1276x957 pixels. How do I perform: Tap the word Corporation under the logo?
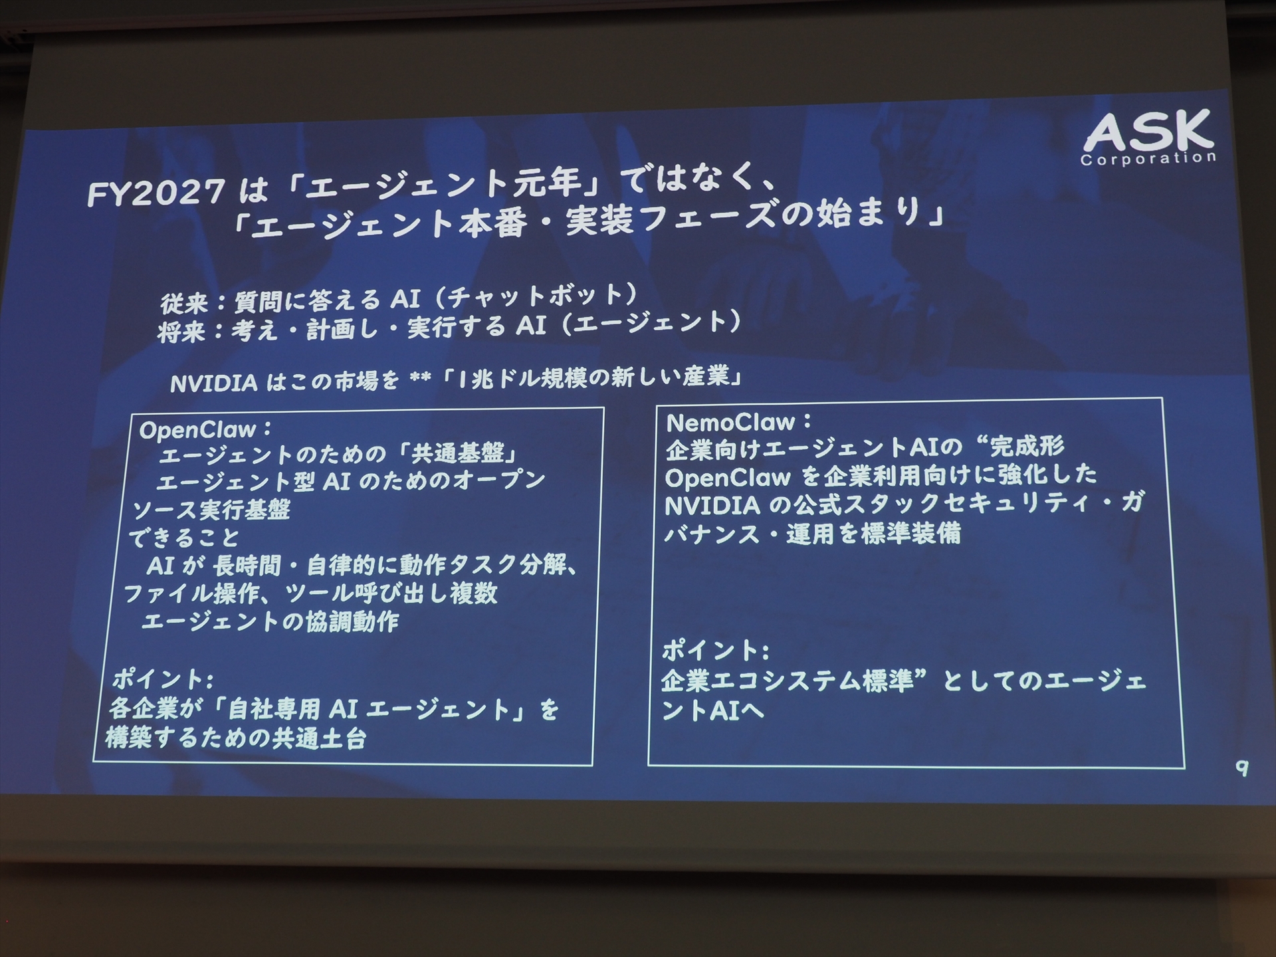(x=1148, y=159)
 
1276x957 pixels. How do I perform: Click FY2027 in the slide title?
(x=156, y=193)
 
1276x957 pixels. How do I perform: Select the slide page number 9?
(x=1241, y=769)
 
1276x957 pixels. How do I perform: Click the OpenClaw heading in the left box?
(x=198, y=430)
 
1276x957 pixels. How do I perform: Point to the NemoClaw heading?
(x=730, y=422)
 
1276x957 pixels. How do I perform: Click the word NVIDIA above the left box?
(x=214, y=383)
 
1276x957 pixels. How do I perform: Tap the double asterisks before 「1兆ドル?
(x=421, y=379)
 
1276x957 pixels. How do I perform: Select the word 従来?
(x=183, y=304)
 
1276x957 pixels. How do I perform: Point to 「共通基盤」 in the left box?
(x=464, y=455)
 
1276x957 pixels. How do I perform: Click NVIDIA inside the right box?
(x=712, y=506)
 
